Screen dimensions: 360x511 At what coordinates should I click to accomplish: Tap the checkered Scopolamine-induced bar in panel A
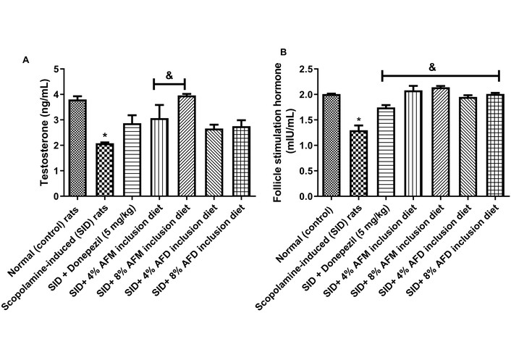(x=105, y=169)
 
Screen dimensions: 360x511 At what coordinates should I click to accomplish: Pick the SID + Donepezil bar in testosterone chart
(x=132, y=159)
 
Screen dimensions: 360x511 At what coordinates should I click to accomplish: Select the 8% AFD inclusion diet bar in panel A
(x=241, y=162)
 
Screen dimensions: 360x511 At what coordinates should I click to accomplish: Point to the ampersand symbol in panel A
(x=169, y=74)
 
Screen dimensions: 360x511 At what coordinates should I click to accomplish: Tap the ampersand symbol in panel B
(x=432, y=67)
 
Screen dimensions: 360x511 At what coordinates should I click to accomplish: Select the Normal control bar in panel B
(x=331, y=145)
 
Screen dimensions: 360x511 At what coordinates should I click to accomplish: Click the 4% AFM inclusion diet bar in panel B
(x=413, y=143)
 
